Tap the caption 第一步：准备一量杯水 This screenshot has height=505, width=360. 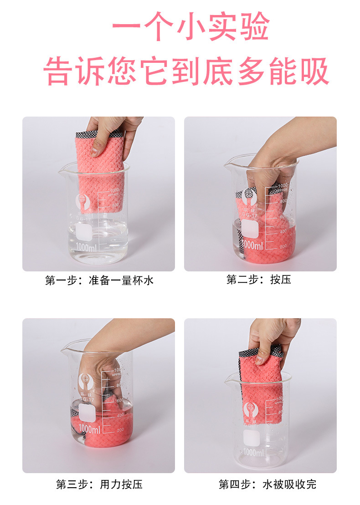pos(99,281)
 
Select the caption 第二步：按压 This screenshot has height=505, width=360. pos(258,280)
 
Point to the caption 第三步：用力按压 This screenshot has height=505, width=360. pos(99,484)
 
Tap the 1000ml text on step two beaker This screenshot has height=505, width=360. pos(252,245)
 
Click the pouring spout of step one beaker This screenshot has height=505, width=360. pos(61,169)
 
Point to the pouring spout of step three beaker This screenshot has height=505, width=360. pos(65,347)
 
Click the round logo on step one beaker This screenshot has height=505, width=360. pos(82,201)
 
